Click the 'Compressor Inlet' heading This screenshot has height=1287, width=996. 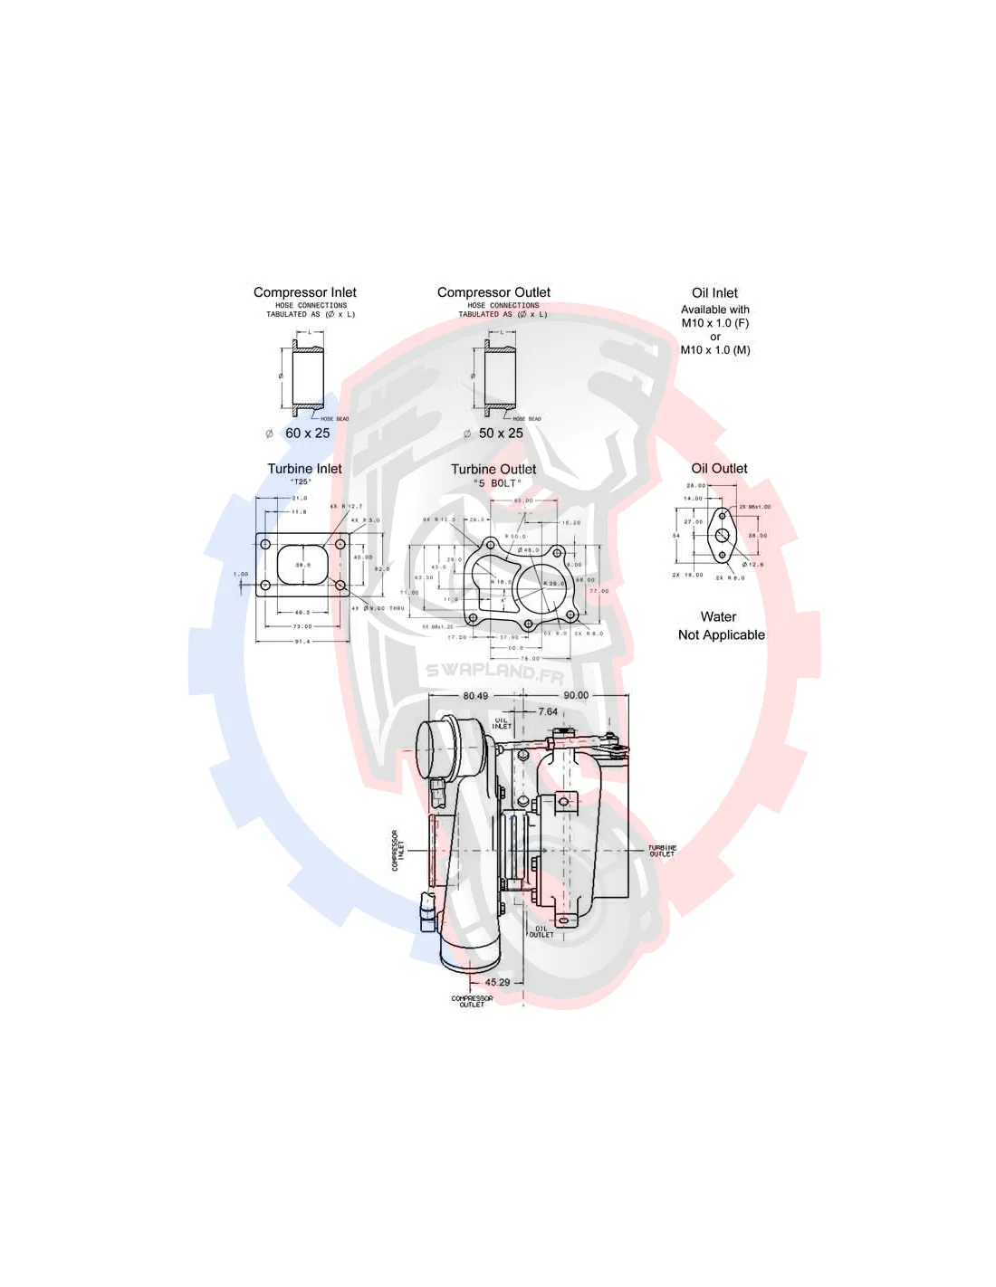[304, 292]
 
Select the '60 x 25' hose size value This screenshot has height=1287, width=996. [307, 434]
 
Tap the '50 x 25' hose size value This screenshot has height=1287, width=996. [501, 434]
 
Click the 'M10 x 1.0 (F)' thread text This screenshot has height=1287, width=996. [715, 323]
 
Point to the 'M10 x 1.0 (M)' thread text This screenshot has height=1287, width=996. [715, 350]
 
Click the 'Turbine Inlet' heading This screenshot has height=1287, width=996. [304, 469]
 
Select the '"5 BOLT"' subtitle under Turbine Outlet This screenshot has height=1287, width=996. [497, 483]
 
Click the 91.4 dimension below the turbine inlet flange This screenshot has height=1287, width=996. [301, 642]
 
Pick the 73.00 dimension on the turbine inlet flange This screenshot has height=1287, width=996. [302, 626]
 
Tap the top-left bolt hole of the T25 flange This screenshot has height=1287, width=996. [265, 544]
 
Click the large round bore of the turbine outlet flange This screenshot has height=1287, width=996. [540, 588]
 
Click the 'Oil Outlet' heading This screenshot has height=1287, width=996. [719, 469]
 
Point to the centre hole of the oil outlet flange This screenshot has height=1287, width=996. [722, 536]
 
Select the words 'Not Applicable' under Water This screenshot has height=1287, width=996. [721, 635]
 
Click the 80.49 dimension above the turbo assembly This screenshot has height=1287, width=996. [475, 696]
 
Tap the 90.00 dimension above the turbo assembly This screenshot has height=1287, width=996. [576, 696]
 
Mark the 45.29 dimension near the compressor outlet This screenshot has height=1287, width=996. [497, 982]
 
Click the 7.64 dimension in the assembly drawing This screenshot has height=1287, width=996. [548, 712]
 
